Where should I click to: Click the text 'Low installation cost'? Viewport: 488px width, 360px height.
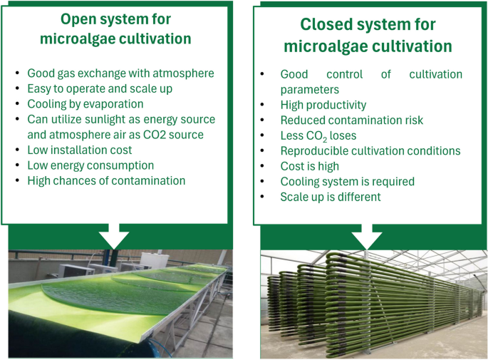pos(79,150)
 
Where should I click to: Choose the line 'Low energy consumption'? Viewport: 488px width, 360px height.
pos(90,165)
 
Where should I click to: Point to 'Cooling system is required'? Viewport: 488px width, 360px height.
pos(347,181)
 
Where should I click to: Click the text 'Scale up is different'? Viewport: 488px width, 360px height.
pos(331,197)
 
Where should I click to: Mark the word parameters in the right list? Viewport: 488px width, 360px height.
pos(309,89)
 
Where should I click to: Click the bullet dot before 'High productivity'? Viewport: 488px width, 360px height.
pos(263,105)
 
